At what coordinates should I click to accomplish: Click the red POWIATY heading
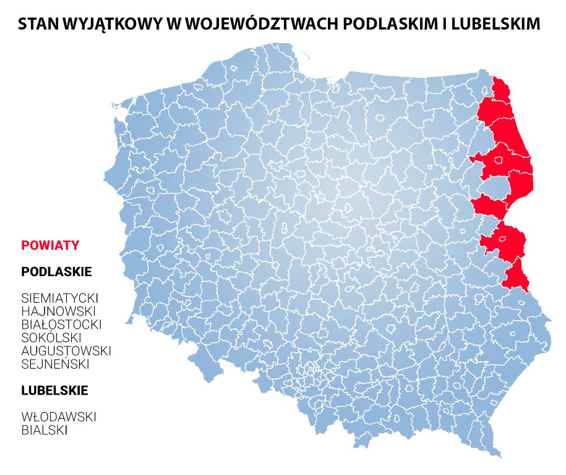(50, 245)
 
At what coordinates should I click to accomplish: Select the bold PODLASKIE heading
(56, 272)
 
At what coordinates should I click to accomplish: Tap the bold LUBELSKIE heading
(54, 391)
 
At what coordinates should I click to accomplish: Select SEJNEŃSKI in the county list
(55, 364)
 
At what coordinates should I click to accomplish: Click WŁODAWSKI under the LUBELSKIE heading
(59, 417)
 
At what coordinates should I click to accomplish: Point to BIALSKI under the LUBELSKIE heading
(44, 430)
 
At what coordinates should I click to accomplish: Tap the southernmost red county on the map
(517, 275)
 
